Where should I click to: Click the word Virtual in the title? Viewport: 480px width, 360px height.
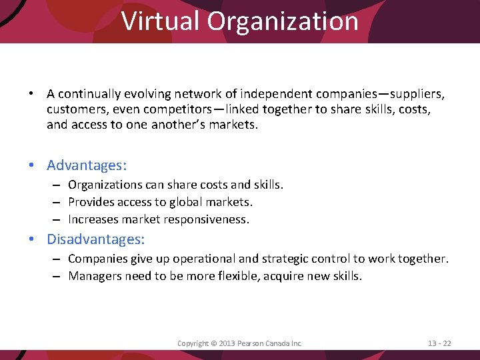[x=161, y=21]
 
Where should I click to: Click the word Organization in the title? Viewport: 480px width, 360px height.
[x=283, y=21]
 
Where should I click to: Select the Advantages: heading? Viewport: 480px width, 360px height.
[x=87, y=165]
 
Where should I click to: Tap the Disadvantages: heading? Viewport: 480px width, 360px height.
[x=96, y=238]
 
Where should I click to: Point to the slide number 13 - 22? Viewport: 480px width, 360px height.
[x=439, y=343]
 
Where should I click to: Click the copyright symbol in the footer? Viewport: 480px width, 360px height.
[x=213, y=343]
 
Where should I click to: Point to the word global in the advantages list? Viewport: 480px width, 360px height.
[x=177, y=202]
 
